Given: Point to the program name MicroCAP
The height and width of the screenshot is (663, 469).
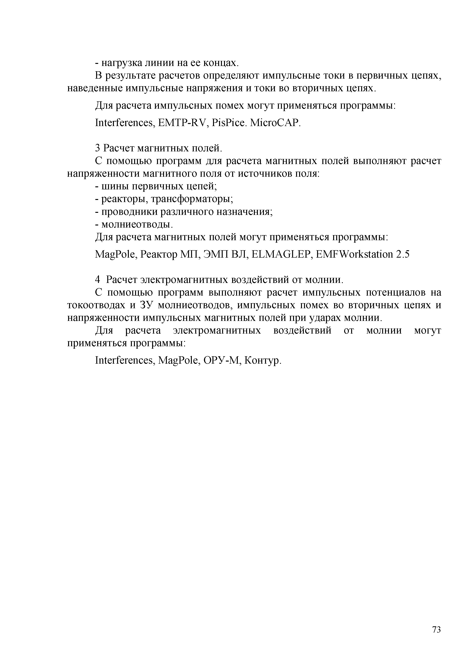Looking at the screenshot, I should pos(275,123).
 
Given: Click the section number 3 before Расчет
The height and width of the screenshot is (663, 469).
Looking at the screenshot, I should pos(97,148).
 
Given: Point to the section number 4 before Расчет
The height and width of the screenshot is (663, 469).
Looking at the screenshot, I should pos(98,280).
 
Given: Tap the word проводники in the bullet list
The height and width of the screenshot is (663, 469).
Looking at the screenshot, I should pos(129,212).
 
